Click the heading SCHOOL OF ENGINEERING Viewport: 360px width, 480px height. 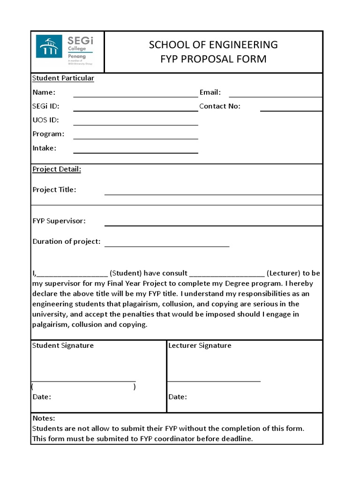click(x=213, y=45)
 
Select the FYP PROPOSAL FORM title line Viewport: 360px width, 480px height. click(x=213, y=59)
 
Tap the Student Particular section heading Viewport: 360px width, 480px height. click(x=63, y=78)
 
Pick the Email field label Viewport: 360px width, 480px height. click(x=210, y=92)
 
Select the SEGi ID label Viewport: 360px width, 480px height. click(x=45, y=106)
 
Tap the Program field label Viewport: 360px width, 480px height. click(x=48, y=134)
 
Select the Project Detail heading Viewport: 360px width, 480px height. click(x=57, y=169)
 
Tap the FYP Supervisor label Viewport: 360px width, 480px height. click(x=59, y=221)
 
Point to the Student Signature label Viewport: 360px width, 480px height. click(x=63, y=345)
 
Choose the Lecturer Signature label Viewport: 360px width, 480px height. click(x=200, y=345)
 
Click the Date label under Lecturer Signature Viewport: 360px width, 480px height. click(x=178, y=397)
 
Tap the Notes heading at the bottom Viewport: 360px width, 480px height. click(x=44, y=418)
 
